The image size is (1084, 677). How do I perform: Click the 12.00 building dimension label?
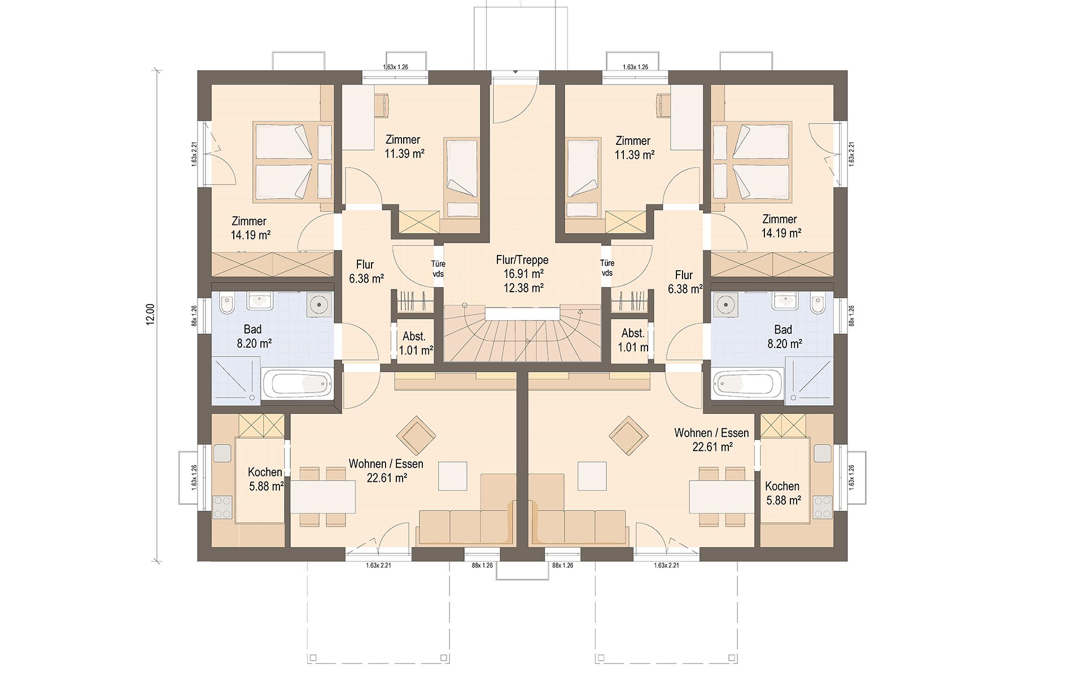coord(150,314)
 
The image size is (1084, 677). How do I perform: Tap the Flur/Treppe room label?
coord(522,260)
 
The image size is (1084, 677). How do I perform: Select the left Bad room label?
coord(253,329)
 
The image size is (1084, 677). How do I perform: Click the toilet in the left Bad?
coord(228,305)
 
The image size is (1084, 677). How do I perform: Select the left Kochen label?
coord(265,472)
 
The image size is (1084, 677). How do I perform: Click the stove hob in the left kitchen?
coord(222,507)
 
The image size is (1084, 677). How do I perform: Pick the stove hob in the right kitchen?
coord(823,507)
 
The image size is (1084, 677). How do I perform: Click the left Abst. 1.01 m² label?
coord(415,343)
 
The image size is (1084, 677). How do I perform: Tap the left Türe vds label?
coord(438,269)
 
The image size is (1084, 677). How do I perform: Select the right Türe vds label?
coord(607,268)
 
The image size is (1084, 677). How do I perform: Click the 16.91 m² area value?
coord(523,274)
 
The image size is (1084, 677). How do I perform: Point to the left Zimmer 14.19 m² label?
coord(250,228)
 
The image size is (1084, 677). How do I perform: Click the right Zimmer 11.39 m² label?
coord(634,147)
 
